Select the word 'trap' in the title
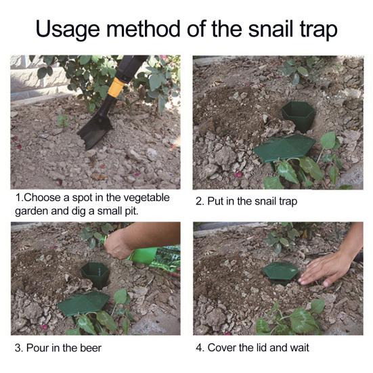[x=318, y=29]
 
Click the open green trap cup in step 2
[x=298, y=115]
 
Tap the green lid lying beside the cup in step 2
[x=285, y=147]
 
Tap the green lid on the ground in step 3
[x=83, y=302]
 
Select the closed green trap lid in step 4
[x=281, y=271]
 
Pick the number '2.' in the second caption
[x=200, y=201]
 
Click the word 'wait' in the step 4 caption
[x=298, y=349]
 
